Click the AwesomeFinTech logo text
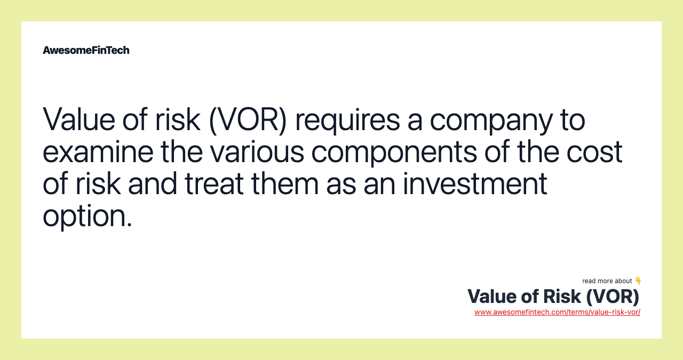click(x=86, y=50)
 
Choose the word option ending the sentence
click(x=87, y=217)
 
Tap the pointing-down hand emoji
click(x=638, y=281)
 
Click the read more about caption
click(x=607, y=281)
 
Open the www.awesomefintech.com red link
click(x=557, y=313)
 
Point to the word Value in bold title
click(x=490, y=297)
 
